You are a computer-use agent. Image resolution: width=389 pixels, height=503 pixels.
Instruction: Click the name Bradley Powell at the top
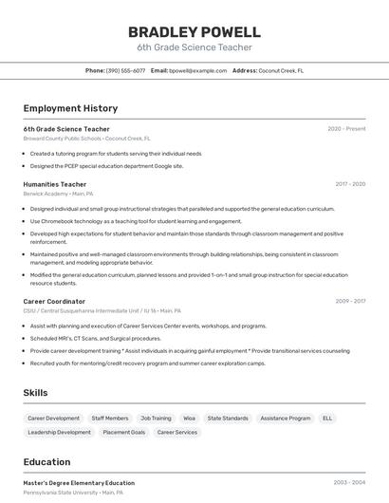194,31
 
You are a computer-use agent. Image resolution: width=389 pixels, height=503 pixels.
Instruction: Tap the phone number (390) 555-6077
125,70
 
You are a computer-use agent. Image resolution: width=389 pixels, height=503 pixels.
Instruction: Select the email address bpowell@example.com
192,70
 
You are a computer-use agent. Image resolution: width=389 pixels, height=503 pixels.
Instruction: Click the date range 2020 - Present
346,129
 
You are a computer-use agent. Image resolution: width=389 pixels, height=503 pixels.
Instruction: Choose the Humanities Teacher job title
55,184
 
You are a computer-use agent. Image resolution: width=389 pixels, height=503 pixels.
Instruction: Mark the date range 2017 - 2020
350,184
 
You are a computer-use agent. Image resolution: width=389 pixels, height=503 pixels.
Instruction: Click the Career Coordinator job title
54,301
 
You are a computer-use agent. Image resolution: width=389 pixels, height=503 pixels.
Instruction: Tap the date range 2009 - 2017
350,301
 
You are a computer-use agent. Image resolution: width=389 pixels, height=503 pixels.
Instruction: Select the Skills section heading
35,393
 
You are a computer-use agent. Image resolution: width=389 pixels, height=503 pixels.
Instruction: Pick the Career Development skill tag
53,418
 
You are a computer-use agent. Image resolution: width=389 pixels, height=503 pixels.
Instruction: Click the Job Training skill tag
156,418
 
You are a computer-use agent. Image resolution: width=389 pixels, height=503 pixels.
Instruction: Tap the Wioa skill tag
190,418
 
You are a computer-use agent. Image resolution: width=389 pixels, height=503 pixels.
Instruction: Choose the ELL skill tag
327,418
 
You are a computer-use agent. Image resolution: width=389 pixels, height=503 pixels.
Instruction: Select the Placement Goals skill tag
124,432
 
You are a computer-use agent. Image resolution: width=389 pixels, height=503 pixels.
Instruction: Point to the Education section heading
46,462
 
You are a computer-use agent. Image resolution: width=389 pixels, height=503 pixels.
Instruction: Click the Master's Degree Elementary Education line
79,483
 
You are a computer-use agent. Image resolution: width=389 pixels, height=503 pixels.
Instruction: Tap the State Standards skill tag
228,418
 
